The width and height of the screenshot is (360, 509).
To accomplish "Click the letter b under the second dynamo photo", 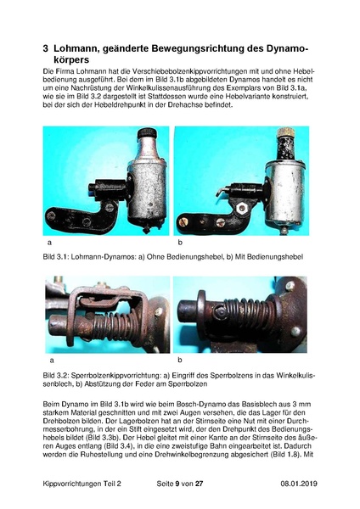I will tap(180, 243).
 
